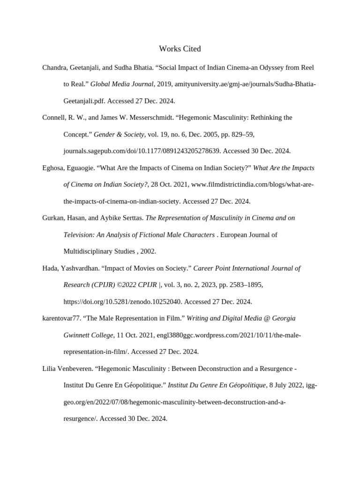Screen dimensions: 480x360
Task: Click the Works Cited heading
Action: coord(180,49)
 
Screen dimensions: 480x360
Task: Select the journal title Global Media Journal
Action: coord(122,84)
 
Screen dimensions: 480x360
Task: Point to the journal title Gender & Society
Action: coord(119,135)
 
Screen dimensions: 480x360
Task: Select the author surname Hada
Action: coord(50,268)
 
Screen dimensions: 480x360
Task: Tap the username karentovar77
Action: coord(61,318)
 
